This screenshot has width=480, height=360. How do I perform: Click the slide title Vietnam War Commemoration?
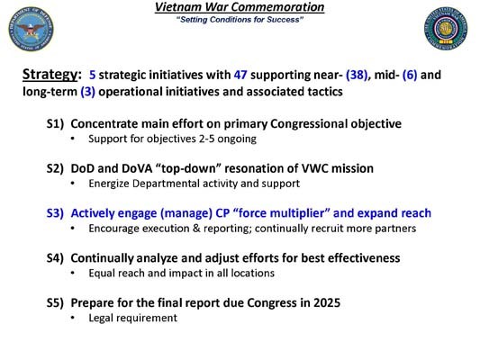240,7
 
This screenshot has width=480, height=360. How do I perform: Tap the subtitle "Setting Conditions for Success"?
240,20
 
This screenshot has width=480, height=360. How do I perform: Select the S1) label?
56,123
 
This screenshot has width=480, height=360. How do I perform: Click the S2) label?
56,168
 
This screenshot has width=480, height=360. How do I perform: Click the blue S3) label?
56,213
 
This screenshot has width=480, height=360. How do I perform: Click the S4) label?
56,258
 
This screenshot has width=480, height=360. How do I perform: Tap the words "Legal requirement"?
132,318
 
